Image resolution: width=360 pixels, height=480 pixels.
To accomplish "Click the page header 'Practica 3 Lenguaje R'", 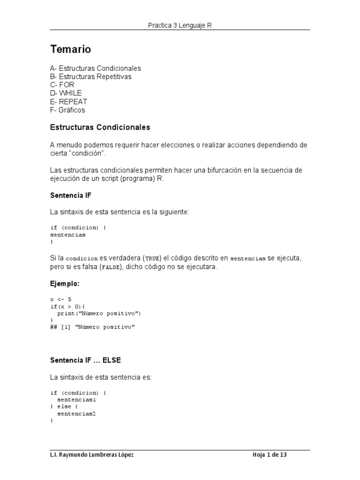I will tap(180, 25).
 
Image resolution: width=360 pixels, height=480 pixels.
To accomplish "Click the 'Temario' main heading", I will tap(70, 49).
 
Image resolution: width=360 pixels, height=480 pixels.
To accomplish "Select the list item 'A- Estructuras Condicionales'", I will tap(95, 68).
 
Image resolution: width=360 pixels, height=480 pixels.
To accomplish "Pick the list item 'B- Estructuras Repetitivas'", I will tap(90, 76).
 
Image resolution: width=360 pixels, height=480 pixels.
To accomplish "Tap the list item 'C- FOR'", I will tap(62, 85).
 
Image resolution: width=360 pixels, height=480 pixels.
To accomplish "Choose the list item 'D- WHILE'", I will tap(66, 93).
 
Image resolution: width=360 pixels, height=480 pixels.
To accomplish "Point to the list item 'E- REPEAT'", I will tap(68, 102).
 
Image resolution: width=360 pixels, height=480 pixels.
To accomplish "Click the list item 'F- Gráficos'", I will tap(67, 110).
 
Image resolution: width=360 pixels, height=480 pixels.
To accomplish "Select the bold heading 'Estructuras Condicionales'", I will tap(100, 127).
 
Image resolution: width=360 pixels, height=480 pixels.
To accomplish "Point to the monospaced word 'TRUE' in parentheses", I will tap(153, 258).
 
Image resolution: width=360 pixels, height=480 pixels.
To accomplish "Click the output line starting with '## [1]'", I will tap(92, 327).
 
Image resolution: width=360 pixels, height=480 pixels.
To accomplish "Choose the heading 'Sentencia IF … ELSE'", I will tap(86, 360).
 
